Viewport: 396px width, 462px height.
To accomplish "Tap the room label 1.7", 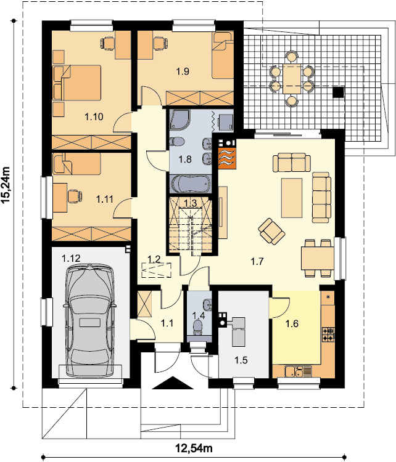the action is click(257, 261).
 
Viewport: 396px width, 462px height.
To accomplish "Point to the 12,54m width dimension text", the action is click(194, 448).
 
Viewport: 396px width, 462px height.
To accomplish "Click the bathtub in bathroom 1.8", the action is click(191, 184).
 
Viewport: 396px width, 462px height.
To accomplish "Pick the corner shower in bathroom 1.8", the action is click(180, 120).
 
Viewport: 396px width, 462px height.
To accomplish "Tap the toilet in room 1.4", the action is click(197, 328).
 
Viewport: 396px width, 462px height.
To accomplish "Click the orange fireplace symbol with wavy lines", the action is click(227, 158).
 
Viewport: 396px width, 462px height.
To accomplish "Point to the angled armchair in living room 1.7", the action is click(271, 231).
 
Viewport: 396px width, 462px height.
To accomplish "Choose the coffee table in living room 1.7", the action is click(292, 198).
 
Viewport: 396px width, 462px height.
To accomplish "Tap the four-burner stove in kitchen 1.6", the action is click(328, 334).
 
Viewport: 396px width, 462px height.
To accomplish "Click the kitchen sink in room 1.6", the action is click(299, 371).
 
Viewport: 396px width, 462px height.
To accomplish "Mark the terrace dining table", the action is click(292, 79).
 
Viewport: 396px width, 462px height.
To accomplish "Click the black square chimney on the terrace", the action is click(338, 92).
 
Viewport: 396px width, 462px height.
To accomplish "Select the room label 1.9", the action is click(183, 71).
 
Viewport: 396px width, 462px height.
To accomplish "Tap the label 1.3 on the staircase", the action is click(191, 203).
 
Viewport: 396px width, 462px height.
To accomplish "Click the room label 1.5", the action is click(241, 360).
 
